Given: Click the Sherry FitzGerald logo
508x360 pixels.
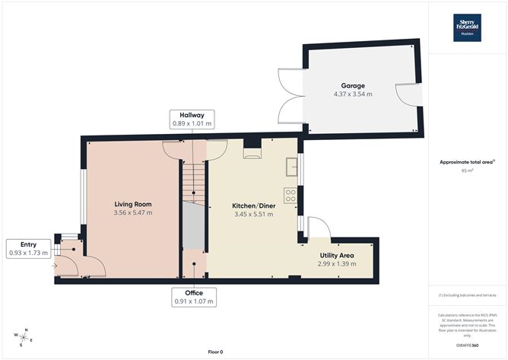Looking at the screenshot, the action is (x=467, y=27).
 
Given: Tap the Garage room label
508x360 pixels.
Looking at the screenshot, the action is (x=353, y=85).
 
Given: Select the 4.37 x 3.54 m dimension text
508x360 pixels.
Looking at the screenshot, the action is (x=353, y=94).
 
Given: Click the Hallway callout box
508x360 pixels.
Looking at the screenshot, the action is (x=192, y=119).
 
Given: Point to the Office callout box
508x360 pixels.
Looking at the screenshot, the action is (x=194, y=297).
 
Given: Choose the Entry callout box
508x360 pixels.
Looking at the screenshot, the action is (x=28, y=249).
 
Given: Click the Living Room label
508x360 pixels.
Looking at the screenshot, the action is (x=133, y=204).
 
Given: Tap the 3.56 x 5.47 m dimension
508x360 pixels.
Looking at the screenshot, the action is (x=133, y=213).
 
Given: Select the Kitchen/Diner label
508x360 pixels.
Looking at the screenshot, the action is (x=254, y=205).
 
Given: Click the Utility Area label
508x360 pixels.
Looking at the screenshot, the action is (x=337, y=255).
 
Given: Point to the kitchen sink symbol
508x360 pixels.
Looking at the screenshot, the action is (x=291, y=167).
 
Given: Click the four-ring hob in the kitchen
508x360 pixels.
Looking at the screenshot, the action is (x=291, y=196).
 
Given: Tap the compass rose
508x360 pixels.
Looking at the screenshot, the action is (x=24, y=338).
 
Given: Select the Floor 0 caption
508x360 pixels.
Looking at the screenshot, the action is (x=215, y=352).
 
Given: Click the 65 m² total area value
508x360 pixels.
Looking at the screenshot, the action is (x=467, y=170).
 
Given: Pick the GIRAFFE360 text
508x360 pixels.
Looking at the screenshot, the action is (x=467, y=346).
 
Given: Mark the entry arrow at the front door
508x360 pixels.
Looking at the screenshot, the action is (x=55, y=266).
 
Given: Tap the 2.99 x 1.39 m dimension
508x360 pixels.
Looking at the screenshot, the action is (x=337, y=264).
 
